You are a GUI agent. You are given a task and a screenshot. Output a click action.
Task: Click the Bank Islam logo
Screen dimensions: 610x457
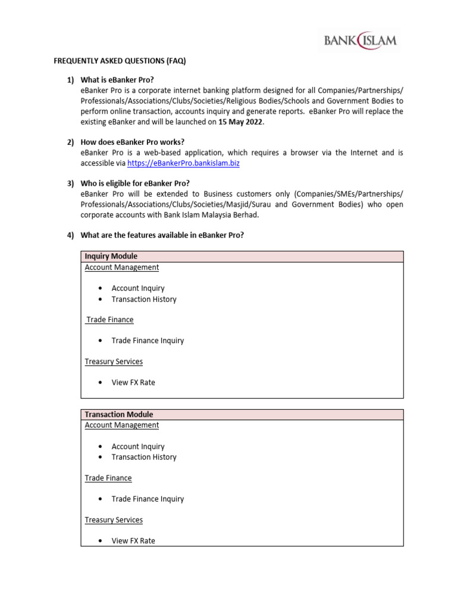coord(360,41)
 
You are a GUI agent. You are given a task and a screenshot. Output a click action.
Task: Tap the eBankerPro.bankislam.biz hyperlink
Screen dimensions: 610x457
coord(183,163)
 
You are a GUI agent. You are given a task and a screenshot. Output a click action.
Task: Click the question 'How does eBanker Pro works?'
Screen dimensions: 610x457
coord(132,142)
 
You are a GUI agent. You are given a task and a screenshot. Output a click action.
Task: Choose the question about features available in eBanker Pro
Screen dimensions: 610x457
coord(162,235)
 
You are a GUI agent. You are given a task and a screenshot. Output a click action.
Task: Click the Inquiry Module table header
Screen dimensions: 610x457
coord(111,256)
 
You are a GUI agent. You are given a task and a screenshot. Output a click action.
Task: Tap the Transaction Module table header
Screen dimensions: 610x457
coord(119,415)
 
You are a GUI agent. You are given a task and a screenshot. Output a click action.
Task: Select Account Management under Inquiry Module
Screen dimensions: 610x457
coord(122,267)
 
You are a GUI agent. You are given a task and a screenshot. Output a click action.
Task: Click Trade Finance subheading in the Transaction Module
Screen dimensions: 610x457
coord(108,478)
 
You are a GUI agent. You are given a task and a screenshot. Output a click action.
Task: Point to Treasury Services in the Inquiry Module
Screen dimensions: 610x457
coord(114,362)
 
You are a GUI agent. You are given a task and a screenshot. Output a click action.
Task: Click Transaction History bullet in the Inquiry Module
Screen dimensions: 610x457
coord(144,300)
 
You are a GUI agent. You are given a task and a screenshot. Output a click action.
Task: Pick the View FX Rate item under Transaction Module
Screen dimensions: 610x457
coord(133,541)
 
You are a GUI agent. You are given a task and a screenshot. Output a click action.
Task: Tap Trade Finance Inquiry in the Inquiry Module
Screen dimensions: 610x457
coord(148,341)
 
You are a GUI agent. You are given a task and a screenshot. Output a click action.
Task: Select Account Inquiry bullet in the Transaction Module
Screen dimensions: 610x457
coord(138,447)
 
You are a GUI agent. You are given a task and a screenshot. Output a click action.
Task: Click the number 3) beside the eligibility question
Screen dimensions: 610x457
coord(70,183)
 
